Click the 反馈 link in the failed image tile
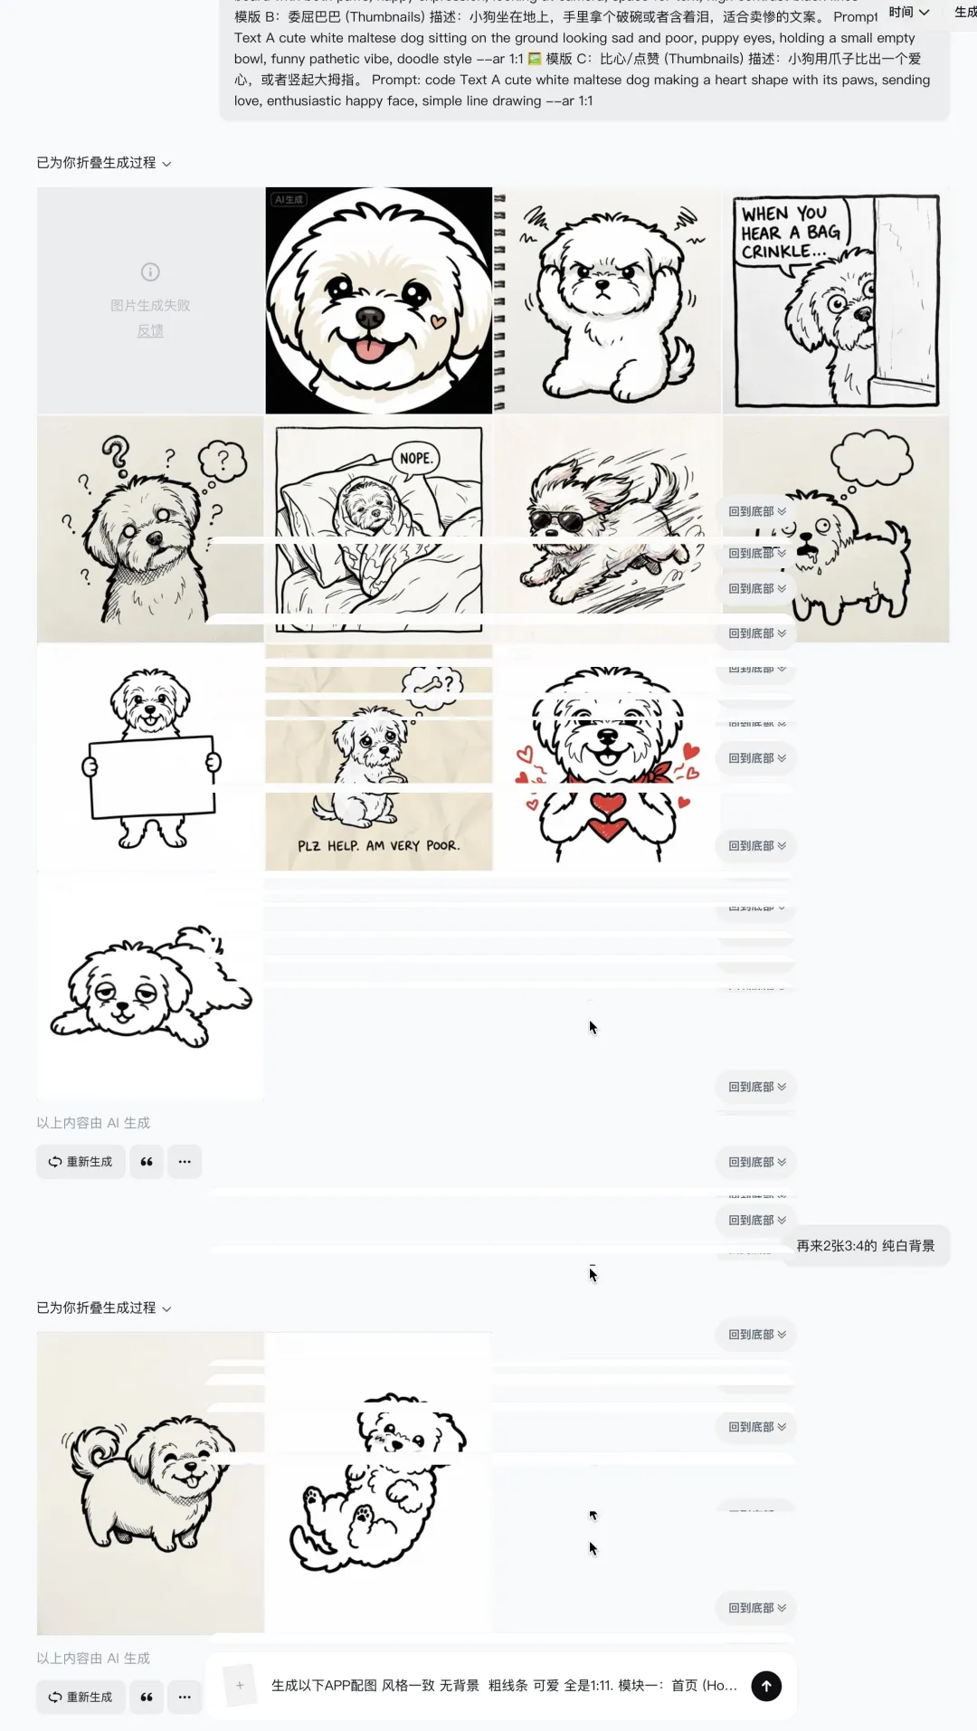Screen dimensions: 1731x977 150,331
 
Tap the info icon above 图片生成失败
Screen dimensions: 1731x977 150,271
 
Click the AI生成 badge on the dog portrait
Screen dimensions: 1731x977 289,199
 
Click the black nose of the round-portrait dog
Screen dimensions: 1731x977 369,317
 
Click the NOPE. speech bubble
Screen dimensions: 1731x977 415,459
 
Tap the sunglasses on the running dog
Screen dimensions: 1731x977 556,521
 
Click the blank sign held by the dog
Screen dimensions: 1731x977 151,775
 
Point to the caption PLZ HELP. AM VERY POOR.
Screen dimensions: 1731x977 379,846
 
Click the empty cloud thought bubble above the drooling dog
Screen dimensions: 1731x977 872,457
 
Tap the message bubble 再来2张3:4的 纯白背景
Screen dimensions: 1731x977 866,1246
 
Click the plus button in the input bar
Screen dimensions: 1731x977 240,1685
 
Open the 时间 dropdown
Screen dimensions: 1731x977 908,12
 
